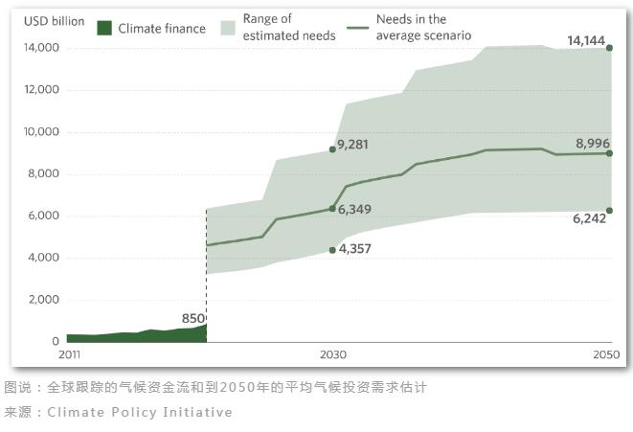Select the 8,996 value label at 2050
[593, 144]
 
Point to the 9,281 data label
[352, 145]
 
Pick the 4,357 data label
[352, 249]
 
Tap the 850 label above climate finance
[193, 318]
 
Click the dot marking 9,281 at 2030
[332, 148]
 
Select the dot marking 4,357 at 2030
[332, 250]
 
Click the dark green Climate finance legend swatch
[104, 29]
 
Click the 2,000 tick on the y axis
[45, 300]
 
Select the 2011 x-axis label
[68, 355]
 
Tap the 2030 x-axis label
[332, 355]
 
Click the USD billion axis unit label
[54, 21]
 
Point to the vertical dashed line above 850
[207, 268]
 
